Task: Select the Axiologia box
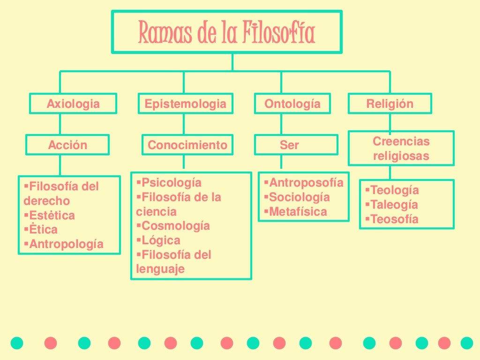pyautogui.click(x=73, y=104)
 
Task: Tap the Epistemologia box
pyautogui.click(x=185, y=104)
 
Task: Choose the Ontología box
pyautogui.click(x=292, y=104)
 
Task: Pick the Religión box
pyautogui.click(x=390, y=104)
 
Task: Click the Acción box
pyautogui.click(x=68, y=145)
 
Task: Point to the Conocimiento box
pyautogui.click(x=187, y=145)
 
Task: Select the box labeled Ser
pyautogui.click(x=289, y=145)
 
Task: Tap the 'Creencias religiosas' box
pyautogui.click(x=401, y=149)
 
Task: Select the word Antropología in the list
pyautogui.click(x=66, y=244)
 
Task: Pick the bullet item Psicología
pyautogui.click(x=171, y=182)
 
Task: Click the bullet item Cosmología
pyautogui.click(x=175, y=226)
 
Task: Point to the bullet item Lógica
pyautogui.click(x=161, y=240)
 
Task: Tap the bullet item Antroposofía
pyautogui.click(x=306, y=182)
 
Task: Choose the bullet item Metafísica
pyautogui.click(x=298, y=211)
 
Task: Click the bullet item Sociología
pyautogui.click(x=299, y=197)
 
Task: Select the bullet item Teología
pyautogui.click(x=394, y=190)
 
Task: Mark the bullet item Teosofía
pyautogui.click(x=394, y=219)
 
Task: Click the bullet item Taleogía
pyautogui.click(x=394, y=204)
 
